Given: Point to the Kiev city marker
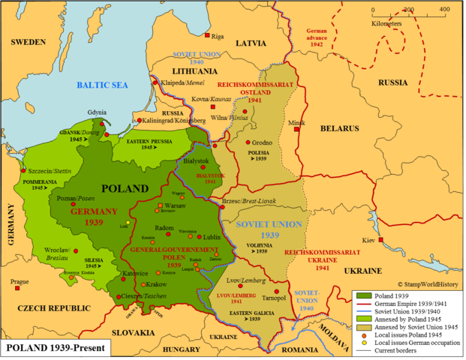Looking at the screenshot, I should tap(381, 240).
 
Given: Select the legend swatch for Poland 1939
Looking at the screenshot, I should tap(362, 295).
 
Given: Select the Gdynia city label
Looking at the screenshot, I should tap(98, 111).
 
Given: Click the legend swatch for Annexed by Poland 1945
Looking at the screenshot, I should tap(362, 318).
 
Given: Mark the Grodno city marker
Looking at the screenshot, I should tap(254, 142).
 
